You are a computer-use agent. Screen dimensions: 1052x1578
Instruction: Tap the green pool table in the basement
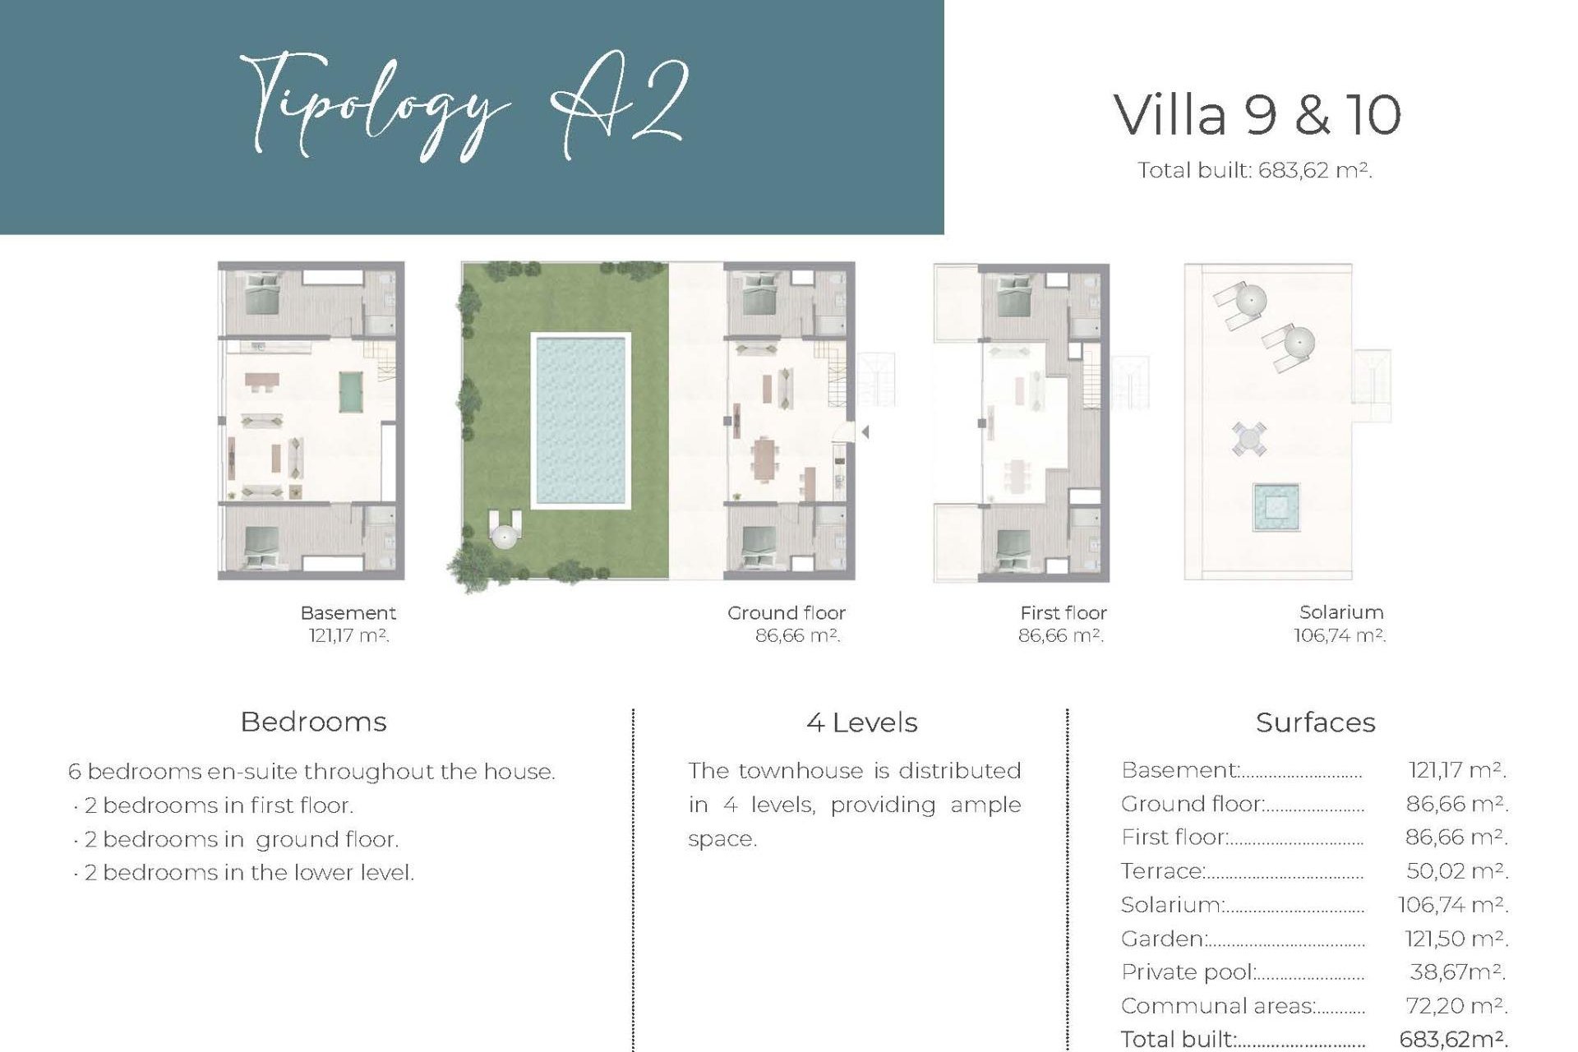coord(352,391)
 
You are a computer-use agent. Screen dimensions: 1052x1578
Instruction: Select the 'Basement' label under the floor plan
coord(348,613)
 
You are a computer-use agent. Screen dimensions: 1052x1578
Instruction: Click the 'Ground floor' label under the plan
coord(786,613)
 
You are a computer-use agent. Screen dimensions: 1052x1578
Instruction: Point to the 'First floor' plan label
coord(1063,613)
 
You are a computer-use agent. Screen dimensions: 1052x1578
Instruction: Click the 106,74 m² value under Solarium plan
coord(1339,635)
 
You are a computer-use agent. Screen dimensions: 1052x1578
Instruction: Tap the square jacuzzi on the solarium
coord(1276,507)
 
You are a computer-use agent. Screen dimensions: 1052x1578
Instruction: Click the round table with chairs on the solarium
coord(1248,438)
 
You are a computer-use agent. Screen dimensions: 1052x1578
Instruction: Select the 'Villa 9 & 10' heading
coord(1257,115)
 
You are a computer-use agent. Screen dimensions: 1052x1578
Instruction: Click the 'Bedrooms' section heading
coord(313,722)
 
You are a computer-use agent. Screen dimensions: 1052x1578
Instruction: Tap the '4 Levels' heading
coord(861,722)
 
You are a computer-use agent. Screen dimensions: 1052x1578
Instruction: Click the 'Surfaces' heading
coord(1315,722)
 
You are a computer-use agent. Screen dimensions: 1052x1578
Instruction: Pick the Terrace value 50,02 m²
coord(1456,870)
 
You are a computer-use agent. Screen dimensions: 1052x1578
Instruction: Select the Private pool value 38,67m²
coord(1456,971)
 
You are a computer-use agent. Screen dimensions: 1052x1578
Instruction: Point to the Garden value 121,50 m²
coord(1456,938)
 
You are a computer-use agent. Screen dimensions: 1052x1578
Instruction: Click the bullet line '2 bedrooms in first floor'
coord(219,805)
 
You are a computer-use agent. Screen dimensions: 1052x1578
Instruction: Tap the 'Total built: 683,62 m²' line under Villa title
coord(1254,171)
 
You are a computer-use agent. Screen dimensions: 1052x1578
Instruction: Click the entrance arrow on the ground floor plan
coord(865,431)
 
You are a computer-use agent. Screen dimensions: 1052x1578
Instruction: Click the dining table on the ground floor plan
coord(766,458)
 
